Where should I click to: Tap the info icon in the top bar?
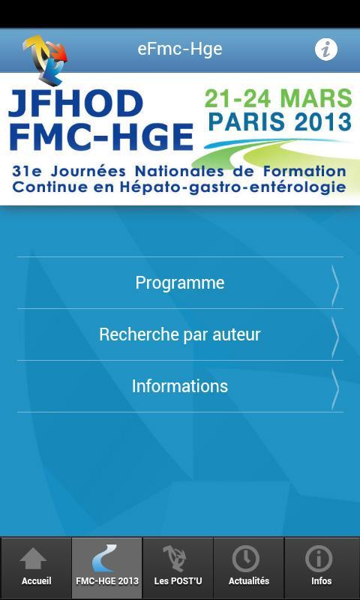click(325, 49)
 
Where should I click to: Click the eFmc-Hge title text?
click(180, 49)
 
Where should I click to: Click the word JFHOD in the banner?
click(75, 103)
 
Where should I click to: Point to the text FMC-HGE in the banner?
click(100, 136)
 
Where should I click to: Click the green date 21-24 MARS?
click(278, 98)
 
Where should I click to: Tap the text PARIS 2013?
click(280, 121)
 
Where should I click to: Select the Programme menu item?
click(180, 283)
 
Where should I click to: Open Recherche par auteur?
click(180, 334)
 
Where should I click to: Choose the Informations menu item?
click(180, 386)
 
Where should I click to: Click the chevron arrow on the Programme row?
click(335, 283)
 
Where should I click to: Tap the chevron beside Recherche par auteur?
click(335, 335)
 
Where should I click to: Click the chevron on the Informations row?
click(335, 387)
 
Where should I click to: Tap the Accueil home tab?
click(36, 568)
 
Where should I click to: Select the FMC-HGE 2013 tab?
click(107, 568)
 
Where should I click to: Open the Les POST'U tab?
click(178, 568)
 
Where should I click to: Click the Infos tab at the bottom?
click(321, 568)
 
